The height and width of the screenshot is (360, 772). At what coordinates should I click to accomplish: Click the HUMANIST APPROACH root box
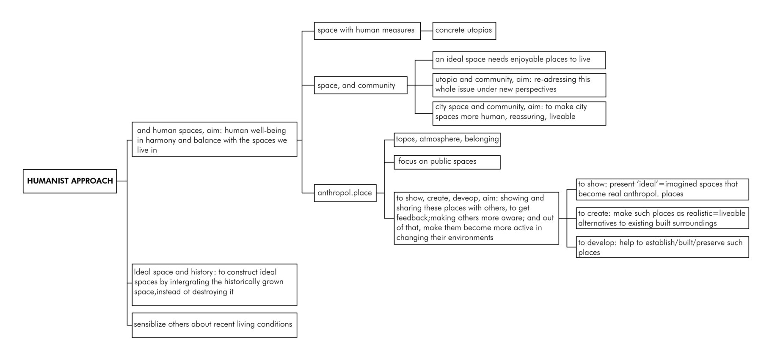pyautogui.click(x=70, y=181)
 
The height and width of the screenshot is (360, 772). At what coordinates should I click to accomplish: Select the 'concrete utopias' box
pyautogui.click(x=464, y=31)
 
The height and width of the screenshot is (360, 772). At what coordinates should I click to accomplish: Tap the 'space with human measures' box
pyautogui.click(x=367, y=31)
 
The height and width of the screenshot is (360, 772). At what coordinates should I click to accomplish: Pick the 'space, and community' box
pyautogui.click(x=360, y=85)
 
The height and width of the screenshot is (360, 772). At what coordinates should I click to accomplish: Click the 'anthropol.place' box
pyautogui.click(x=345, y=193)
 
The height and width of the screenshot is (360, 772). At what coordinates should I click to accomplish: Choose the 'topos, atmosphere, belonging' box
pyautogui.click(x=447, y=139)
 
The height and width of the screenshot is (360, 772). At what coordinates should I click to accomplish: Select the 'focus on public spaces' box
pyautogui.click(x=447, y=162)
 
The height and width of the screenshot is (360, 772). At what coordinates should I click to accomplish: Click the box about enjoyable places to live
pyautogui.click(x=519, y=60)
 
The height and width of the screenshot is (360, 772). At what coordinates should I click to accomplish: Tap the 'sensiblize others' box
pyautogui.click(x=214, y=325)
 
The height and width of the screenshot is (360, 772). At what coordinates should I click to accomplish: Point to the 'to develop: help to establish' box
pyautogui.click(x=662, y=247)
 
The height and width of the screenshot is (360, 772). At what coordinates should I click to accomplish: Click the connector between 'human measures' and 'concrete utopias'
pyautogui.click(x=427, y=31)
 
